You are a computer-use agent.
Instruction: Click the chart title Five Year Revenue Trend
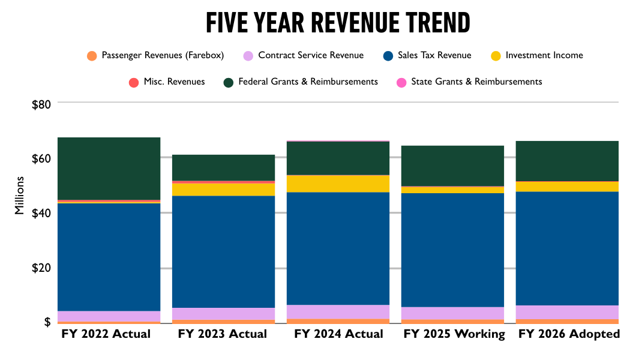(338, 23)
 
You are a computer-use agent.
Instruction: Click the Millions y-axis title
(20, 196)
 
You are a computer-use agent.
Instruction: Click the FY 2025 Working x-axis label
(455, 334)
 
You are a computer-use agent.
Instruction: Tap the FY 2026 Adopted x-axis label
(568, 334)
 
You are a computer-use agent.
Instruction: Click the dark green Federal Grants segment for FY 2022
(109, 168)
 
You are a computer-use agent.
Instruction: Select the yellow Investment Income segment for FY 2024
(338, 184)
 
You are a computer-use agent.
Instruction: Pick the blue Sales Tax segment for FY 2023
(223, 251)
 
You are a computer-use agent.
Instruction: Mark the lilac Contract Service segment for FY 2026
(567, 312)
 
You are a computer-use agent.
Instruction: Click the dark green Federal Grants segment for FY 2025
(452, 166)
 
